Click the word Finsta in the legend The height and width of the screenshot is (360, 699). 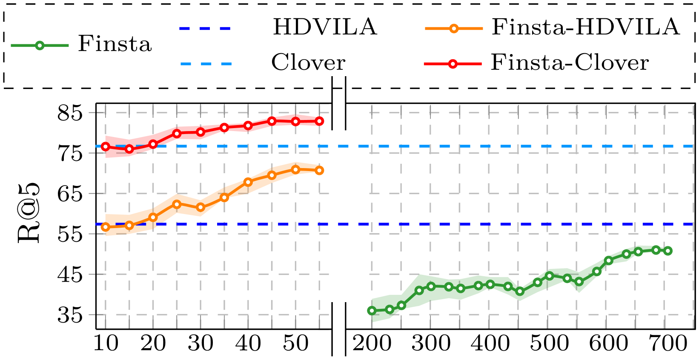(115, 44)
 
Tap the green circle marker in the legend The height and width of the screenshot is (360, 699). (40, 46)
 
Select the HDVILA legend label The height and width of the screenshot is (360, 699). (325, 27)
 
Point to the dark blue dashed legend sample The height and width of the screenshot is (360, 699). (205, 29)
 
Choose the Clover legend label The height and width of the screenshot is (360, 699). (308, 63)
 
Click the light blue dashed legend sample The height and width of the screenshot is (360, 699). (206, 64)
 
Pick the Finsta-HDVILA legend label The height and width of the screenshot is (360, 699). (585, 27)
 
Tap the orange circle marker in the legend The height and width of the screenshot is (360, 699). (454, 29)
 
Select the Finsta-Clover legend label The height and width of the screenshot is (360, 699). (570, 63)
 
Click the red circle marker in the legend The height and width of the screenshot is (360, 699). (453, 64)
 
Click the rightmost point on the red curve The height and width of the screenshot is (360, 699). (320, 121)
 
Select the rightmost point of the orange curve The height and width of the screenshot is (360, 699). (320, 171)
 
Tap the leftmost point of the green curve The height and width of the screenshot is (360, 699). (372, 311)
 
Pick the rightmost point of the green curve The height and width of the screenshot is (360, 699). (668, 251)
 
